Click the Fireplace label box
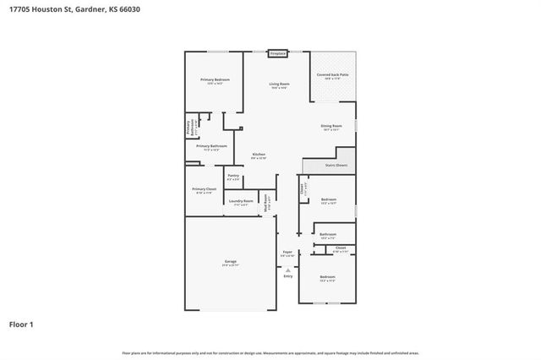click(x=278, y=53)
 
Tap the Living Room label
click(x=279, y=84)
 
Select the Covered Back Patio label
click(x=332, y=74)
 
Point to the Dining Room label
click(x=331, y=127)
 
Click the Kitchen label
click(x=259, y=155)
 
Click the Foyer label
click(x=287, y=253)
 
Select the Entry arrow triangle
click(x=287, y=270)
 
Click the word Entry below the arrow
click(x=287, y=276)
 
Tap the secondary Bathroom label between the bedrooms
click(x=328, y=234)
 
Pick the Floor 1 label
click(x=22, y=325)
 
